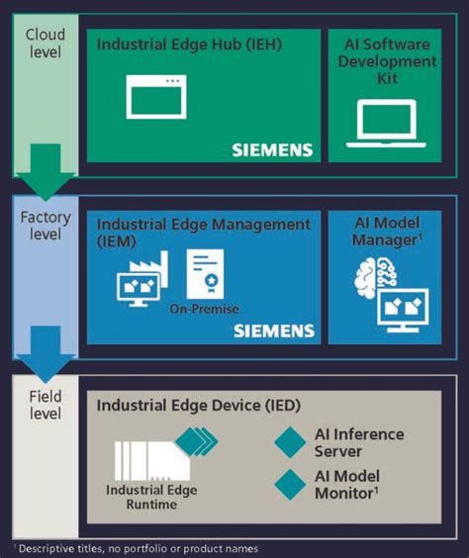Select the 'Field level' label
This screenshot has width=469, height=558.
[x=45, y=403]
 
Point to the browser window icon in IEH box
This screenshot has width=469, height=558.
[x=155, y=96]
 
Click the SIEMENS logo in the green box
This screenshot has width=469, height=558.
[x=272, y=150]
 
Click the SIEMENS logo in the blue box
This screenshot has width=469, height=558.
[x=274, y=330]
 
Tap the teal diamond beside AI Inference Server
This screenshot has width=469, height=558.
[x=290, y=442]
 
